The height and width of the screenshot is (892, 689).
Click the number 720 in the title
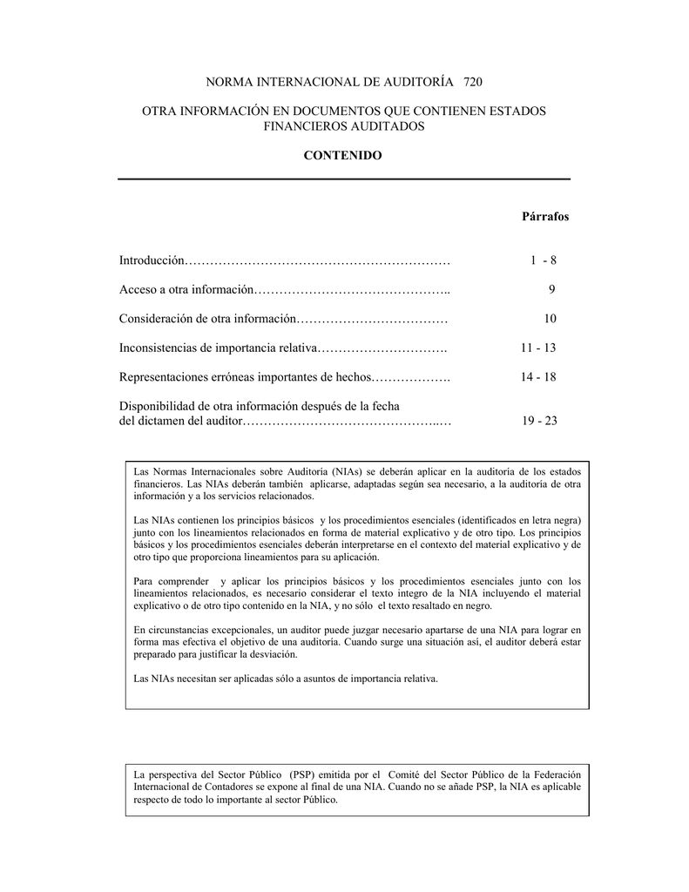(x=472, y=82)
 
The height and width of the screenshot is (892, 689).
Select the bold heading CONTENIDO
(x=342, y=155)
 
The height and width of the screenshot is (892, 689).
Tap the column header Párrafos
(x=544, y=216)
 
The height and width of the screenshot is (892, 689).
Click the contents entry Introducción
(x=152, y=260)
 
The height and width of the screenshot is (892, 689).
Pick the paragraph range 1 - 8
(x=543, y=260)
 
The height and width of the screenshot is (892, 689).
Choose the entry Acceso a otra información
(x=186, y=289)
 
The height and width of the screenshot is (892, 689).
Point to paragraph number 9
(x=551, y=289)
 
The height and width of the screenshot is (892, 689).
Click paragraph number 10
(x=550, y=319)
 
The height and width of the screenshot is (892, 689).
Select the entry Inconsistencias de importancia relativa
(x=218, y=348)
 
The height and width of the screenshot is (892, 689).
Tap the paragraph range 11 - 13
(x=538, y=348)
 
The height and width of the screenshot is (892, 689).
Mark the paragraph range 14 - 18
(x=538, y=377)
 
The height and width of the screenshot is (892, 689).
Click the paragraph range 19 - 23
(x=539, y=421)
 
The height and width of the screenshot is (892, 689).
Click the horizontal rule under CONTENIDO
(x=343, y=179)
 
